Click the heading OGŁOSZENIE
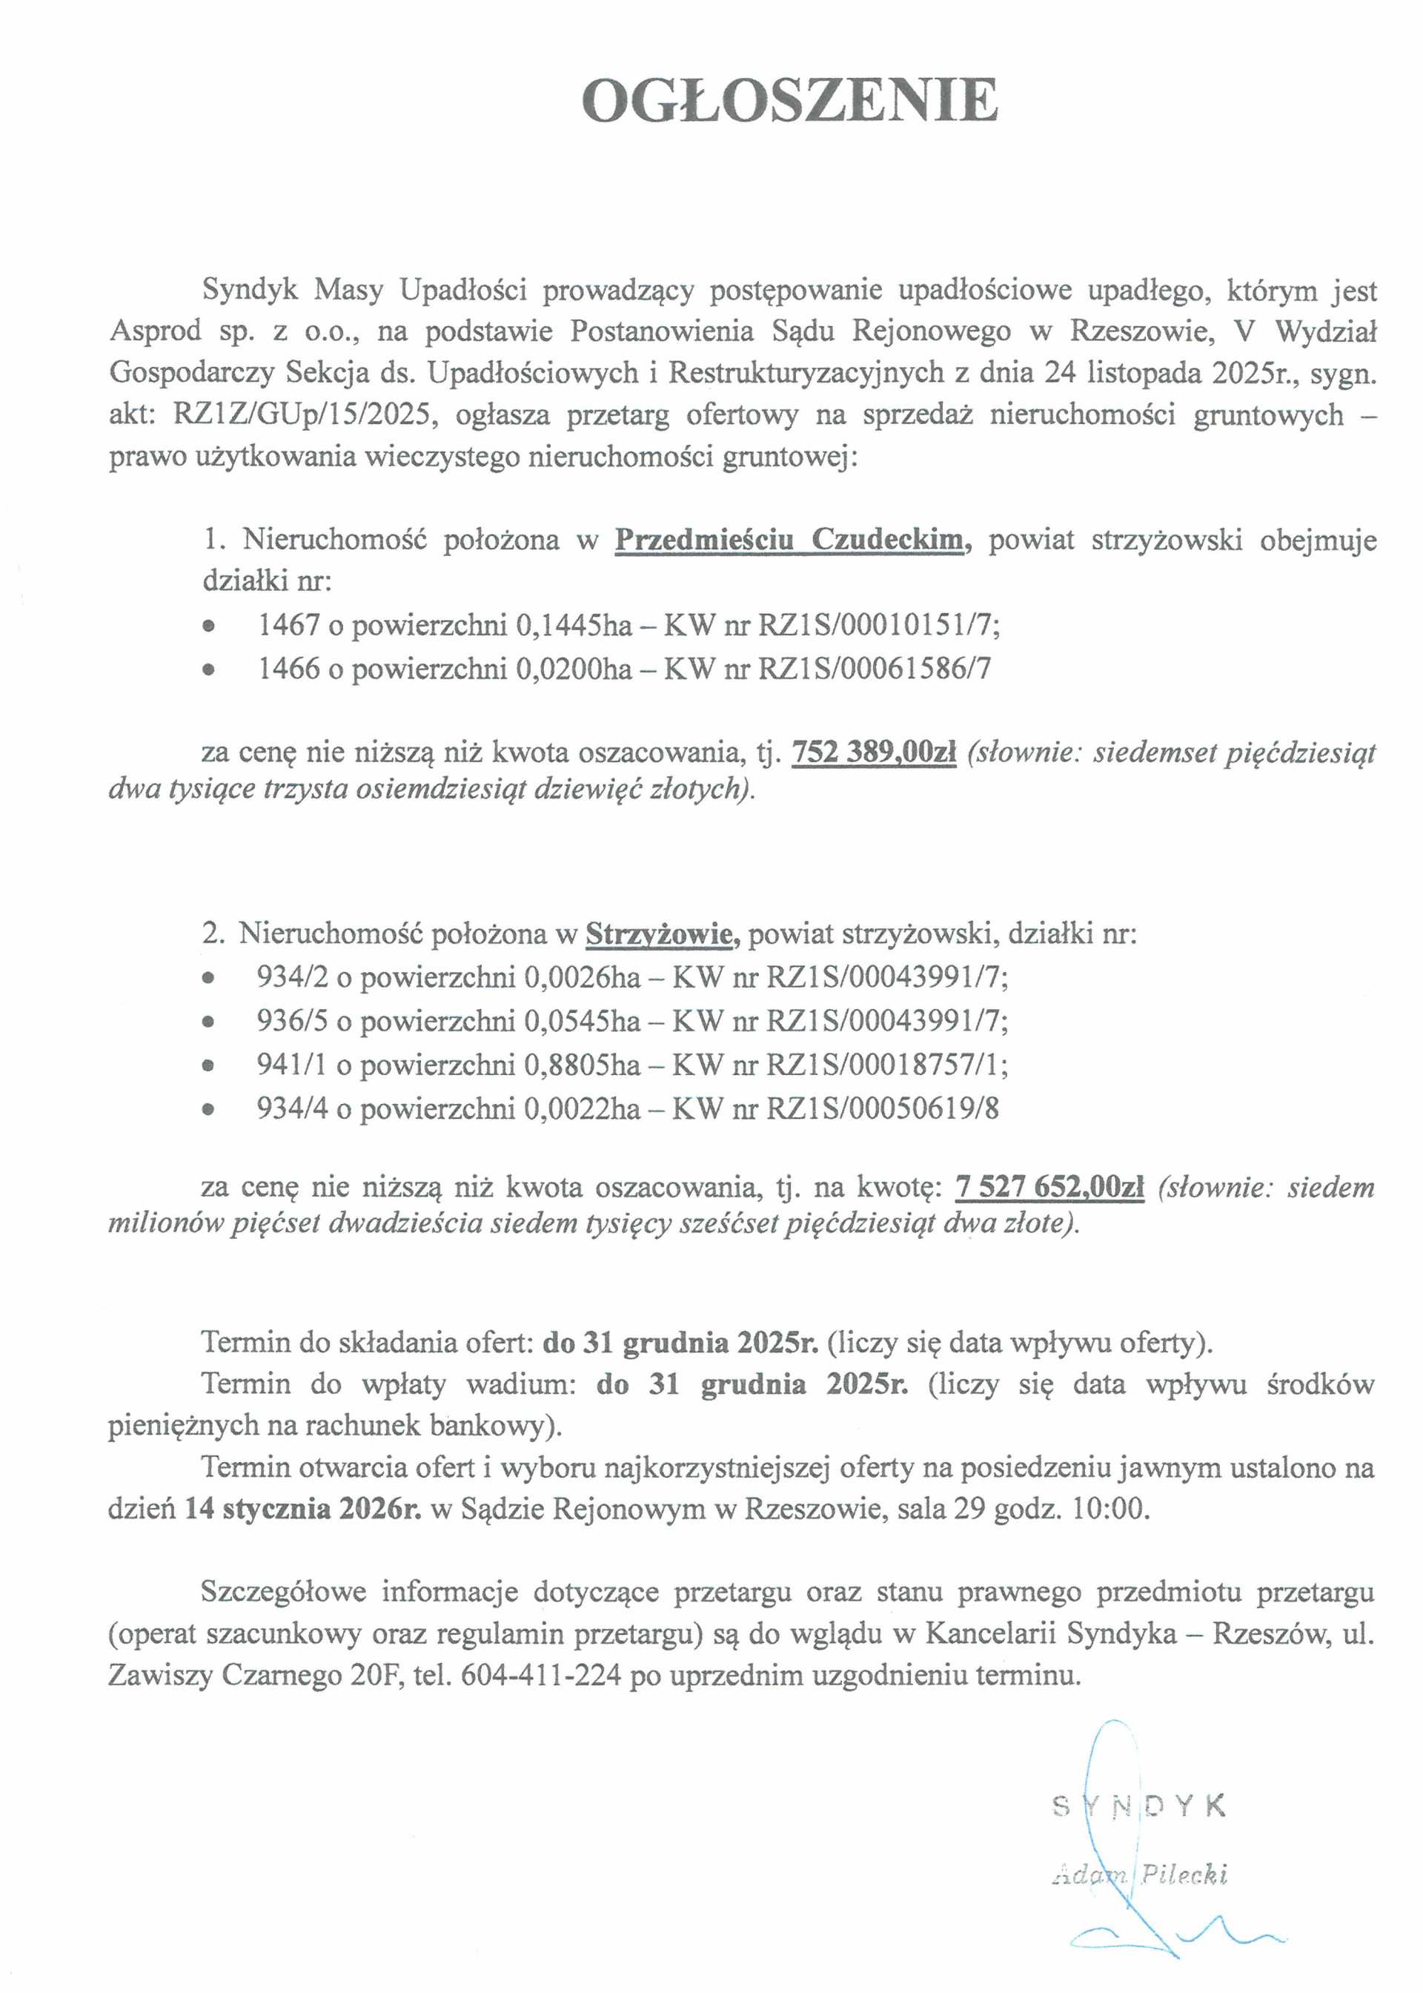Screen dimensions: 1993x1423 789,101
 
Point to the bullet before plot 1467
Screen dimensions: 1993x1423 208,627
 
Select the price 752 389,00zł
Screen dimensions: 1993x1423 874,752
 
